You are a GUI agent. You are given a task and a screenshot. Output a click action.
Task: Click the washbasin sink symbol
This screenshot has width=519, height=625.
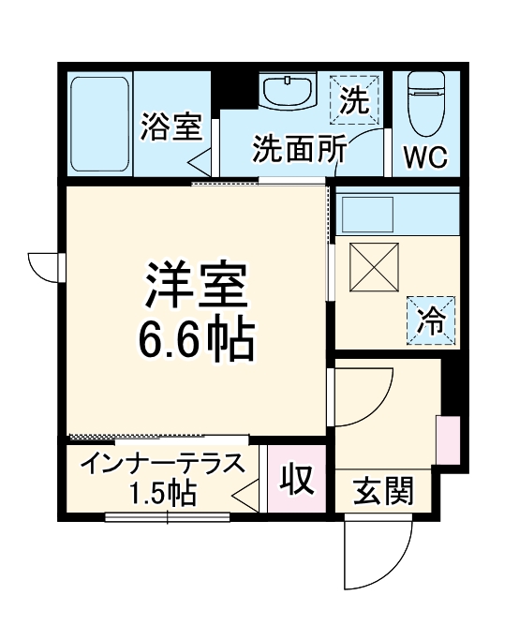tap(286, 93)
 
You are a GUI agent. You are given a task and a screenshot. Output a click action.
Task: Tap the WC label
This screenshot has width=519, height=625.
tap(424, 155)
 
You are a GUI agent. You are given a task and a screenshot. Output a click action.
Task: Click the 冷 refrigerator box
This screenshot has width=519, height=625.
tap(431, 320)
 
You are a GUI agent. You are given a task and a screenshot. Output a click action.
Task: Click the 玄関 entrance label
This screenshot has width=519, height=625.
tap(383, 491)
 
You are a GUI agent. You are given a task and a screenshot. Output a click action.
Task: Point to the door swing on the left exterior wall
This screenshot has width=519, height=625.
tap(45, 266)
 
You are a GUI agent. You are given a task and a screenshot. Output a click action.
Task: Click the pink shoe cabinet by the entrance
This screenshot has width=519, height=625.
tap(449, 439)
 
